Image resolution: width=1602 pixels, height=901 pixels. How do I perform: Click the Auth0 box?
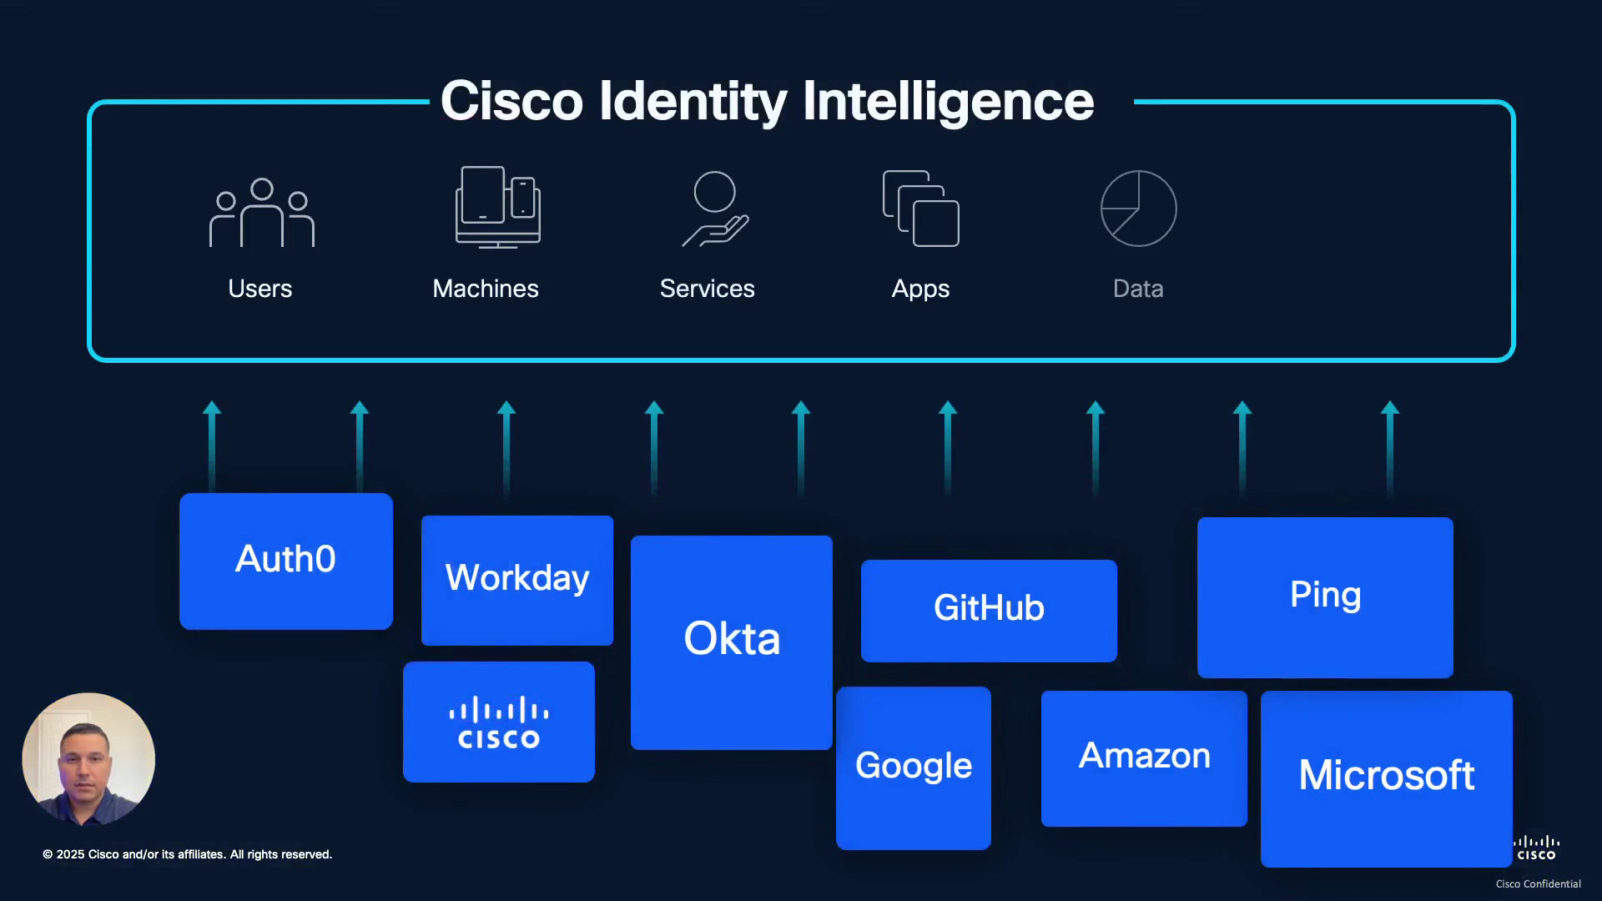click(x=286, y=561)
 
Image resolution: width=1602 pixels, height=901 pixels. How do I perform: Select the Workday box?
click(x=517, y=580)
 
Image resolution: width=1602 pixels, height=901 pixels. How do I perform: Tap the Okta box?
click(x=732, y=642)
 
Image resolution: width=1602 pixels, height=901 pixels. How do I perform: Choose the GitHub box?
click(x=989, y=611)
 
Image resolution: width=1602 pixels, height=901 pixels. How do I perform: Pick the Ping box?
click(x=1325, y=597)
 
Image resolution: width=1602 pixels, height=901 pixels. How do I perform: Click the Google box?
click(x=914, y=768)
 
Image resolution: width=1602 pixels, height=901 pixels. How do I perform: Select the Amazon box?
click(x=1144, y=758)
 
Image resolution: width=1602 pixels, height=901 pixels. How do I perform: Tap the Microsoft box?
click(x=1387, y=778)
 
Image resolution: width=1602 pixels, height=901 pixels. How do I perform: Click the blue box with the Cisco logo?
click(x=499, y=722)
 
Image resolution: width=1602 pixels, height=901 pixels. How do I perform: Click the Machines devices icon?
click(x=498, y=207)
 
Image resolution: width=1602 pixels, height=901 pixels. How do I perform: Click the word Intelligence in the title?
click(x=948, y=102)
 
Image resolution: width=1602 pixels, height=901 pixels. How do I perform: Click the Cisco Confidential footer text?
click(x=1538, y=883)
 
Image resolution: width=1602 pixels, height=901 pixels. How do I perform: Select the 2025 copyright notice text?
click(x=188, y=854)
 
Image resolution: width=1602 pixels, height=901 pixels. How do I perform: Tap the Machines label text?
click(x=486, y=289)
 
